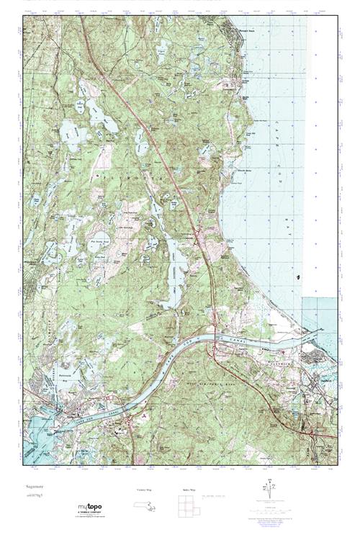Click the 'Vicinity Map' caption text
143,489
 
